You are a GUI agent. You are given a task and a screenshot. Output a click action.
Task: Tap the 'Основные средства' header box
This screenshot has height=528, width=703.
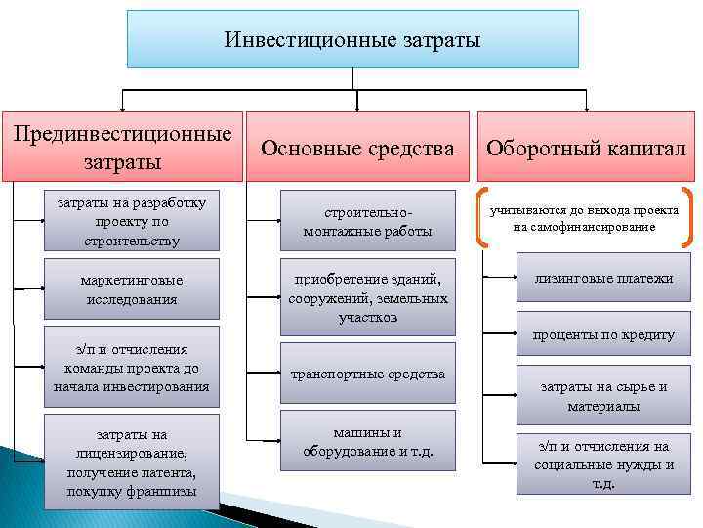click(358, 148)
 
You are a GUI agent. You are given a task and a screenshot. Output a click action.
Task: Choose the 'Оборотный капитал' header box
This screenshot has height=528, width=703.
click(586, 148)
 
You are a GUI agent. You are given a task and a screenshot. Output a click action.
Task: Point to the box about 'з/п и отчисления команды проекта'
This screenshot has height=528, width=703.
click(132, 368)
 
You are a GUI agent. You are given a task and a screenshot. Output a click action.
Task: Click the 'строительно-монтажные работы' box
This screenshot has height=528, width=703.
click(367, 222)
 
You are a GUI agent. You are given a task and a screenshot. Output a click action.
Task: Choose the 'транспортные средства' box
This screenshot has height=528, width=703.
click(367, 374)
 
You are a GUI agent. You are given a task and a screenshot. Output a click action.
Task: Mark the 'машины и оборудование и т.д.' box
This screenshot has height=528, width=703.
click(367, 442)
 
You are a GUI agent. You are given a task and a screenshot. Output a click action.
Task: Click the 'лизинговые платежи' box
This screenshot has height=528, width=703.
click(602, 279)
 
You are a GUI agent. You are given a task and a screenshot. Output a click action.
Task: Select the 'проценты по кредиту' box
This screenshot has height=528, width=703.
click(602, 334)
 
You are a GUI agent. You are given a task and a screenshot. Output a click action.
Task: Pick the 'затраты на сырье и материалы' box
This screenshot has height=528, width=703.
click(602, 395)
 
